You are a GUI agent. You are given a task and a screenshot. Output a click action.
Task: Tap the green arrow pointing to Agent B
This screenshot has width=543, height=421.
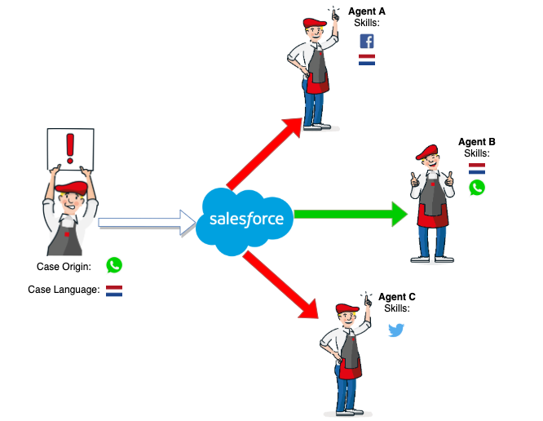351,214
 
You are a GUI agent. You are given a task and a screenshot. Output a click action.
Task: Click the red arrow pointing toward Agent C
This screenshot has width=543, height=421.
280,285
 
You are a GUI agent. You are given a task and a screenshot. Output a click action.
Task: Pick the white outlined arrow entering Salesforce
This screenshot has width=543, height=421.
147,222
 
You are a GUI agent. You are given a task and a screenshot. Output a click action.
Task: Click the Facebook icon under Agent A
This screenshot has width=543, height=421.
367,42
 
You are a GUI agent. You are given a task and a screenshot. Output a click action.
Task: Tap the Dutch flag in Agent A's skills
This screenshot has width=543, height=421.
367,60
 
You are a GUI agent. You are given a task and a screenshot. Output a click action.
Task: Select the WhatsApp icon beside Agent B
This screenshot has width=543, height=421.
477,188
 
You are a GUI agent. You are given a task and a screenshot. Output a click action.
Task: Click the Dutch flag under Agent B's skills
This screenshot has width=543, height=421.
477,169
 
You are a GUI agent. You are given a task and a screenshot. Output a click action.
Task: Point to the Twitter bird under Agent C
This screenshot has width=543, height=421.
395,330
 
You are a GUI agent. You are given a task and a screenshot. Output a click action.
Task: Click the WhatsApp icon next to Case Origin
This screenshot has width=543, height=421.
114,265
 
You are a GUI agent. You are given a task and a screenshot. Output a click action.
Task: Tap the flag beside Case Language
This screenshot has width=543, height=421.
114,291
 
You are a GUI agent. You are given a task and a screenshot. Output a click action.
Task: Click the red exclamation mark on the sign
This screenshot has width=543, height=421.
70,148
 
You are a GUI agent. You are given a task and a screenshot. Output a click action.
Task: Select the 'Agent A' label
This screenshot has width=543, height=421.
367,11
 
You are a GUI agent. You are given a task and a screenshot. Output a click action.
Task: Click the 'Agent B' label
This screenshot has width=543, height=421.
477,142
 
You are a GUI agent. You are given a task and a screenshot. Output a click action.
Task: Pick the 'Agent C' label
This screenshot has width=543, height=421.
397,297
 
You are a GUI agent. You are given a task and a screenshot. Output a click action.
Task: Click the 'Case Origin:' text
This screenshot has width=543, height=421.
64,267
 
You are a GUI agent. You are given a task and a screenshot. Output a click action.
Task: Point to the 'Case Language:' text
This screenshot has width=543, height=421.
64,290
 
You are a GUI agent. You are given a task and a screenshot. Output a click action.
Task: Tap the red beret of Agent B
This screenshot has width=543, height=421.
427,152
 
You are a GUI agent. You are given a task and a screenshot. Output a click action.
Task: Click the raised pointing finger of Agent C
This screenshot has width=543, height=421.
367,300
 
